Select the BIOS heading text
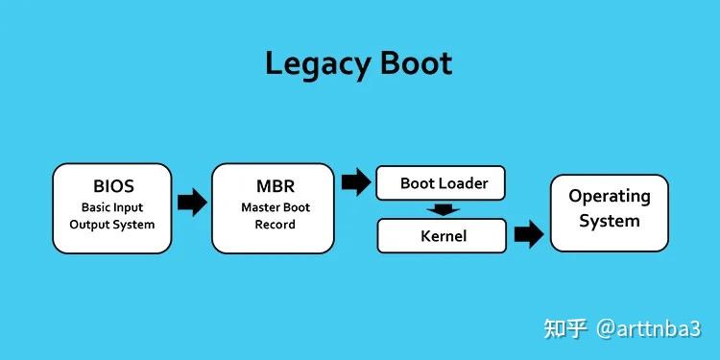[x=112, y=185]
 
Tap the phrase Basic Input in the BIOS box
[x=112, y=206]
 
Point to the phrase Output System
[x=112, y=225]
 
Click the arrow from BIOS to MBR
[x=192, y=202]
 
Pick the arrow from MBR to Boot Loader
[x=356, y=180]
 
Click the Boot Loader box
[x=441, y=183]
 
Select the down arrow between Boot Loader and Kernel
[x=442, y=209]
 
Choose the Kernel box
[x=441, y=235]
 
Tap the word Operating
[x=609, y=196]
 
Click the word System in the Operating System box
[x=609, y=221]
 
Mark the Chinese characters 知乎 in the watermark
[x=565, y=328]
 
